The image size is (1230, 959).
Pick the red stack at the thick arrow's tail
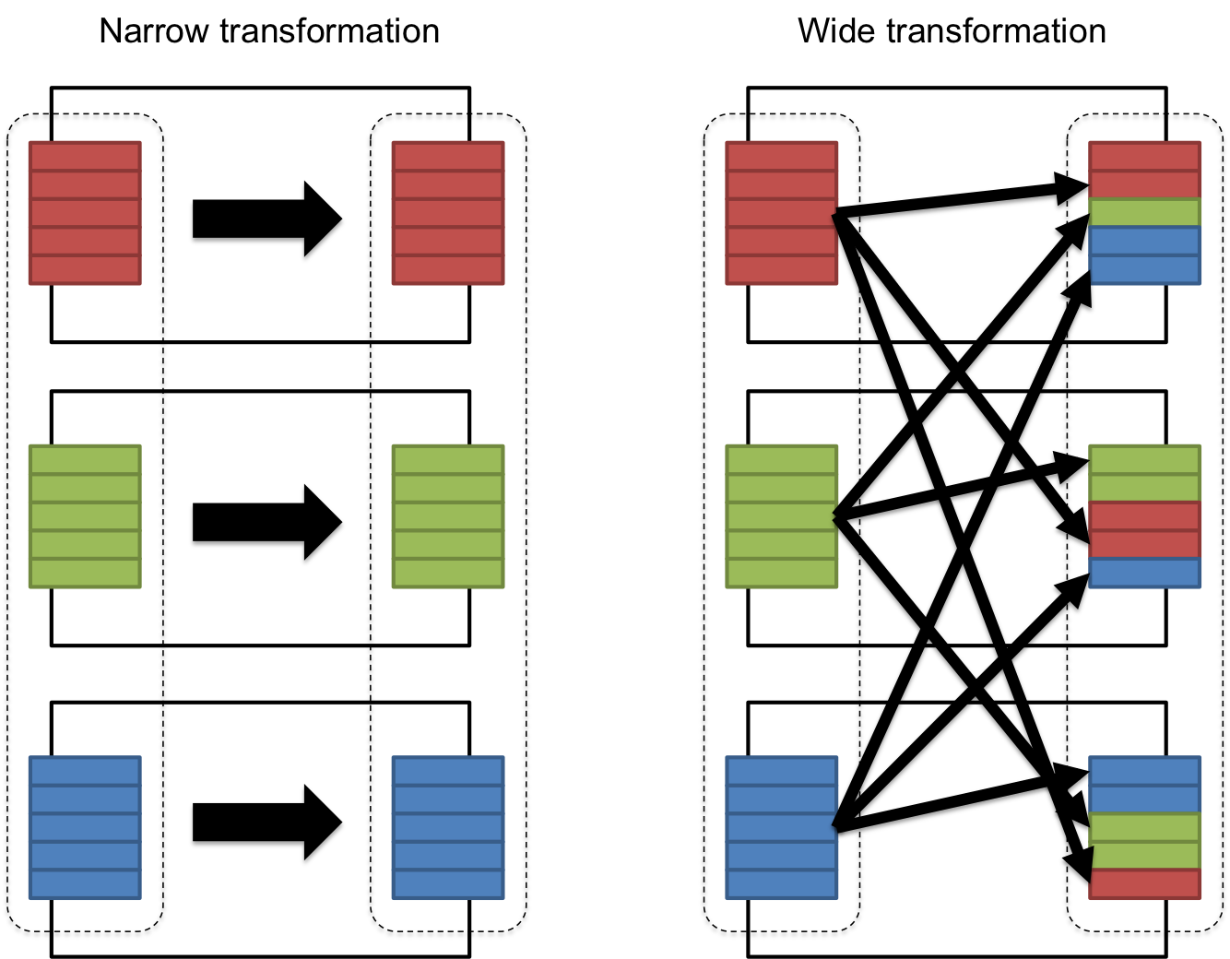pos(85,213)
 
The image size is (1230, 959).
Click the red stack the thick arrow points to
pos(448,213)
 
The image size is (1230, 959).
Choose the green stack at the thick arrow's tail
pos(85,516)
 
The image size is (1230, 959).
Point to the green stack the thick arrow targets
pos(448,516)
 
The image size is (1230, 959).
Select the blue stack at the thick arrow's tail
pos(85,827)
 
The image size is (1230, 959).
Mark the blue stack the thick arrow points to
pos(448,827)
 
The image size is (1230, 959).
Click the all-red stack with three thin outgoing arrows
pos(781,213)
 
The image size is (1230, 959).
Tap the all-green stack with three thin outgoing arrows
pos(781,516)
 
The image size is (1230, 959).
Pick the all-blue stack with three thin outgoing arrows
pos(781,827)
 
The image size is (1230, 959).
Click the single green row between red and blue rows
pos(1145,213)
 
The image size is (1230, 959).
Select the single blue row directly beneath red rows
pos(1145,573)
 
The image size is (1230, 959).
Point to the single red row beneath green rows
pos(1145,884)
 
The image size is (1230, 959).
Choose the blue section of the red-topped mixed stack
pos(1145,255)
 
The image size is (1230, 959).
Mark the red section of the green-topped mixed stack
pos(1145,530)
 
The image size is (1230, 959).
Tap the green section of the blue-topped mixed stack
pos(1145,841)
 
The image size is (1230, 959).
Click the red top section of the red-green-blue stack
pos(1145,171)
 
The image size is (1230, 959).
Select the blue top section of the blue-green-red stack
pos(1145,785)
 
